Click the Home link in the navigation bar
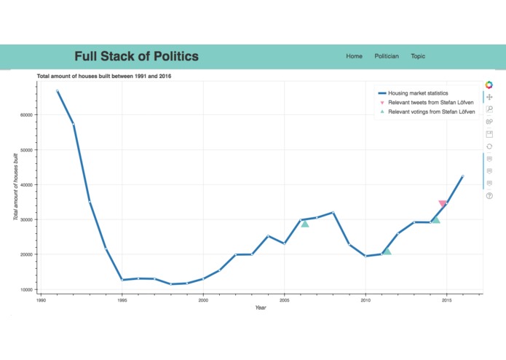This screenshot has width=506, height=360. [354, 56]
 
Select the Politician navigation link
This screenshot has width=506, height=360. [386, 56]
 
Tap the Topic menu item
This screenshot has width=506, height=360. [418, 56]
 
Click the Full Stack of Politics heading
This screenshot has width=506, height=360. [136, 56]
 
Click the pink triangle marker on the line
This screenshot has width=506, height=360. [443, 203]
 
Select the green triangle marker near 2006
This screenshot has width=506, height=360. [305, 224]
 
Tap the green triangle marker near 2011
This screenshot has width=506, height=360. [387, 251]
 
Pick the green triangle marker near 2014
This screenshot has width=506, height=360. [435, 219]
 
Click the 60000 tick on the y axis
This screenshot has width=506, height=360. [26, 114]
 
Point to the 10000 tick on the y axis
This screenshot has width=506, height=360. [26, 289]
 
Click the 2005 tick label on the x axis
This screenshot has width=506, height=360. [285, 300]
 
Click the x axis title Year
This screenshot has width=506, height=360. [261, 308]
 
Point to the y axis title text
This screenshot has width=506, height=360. [15, 187]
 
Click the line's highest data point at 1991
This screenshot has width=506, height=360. [57, 91]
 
